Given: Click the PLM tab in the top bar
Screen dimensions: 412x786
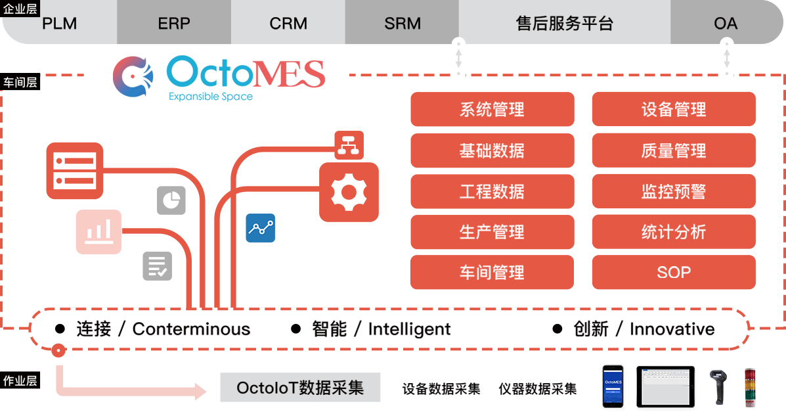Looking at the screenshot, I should coord(60,24).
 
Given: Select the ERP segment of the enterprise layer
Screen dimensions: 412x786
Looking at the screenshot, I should coord(174,24).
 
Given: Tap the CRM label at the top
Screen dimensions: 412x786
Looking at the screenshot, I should coord(288,24).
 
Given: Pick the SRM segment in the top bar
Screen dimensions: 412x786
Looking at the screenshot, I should coord(403,24).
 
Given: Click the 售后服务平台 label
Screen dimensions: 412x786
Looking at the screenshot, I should coord(565,24).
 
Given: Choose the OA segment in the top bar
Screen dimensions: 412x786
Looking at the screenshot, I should coord(726,24).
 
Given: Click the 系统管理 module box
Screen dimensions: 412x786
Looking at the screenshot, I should coord(492,110).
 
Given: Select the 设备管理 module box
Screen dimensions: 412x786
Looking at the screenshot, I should coord(673,110).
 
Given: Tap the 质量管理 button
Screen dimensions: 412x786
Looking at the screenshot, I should coord(673,150).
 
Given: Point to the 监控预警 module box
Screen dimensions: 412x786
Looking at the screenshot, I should coord(673,191).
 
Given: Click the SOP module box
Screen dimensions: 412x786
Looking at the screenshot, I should coord(673,273).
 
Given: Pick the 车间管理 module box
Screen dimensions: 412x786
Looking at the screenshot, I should coord(492,273).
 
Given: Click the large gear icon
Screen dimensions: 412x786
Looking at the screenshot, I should coord(349,192).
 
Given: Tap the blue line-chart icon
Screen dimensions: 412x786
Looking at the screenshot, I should coord(260,228).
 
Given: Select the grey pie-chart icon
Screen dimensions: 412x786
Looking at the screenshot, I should coord(171,200).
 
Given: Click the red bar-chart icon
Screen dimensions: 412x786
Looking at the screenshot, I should coord(98,231).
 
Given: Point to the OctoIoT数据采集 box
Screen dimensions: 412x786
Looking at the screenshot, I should coord(300,388).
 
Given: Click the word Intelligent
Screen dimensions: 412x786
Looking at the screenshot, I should coord(409,329).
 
